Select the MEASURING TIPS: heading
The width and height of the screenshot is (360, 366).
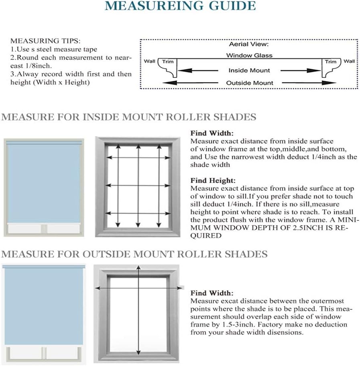pyautogui.click(x=45, y=41)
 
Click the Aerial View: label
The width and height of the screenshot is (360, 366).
pyautogui.click(x=249, y=45)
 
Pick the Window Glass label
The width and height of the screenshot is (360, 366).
pyautogui.click(x=249, y=55)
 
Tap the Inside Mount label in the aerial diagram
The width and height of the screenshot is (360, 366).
pyautogui.click(x=249, y=70)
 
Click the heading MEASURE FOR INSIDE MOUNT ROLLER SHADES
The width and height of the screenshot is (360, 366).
pyautogui.click(x=129, y=117)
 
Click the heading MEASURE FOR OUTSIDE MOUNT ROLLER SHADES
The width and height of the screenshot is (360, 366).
pyautogui.click(x=134, y=254)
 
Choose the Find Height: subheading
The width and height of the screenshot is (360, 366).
pyautogui.click(x=213, y=181)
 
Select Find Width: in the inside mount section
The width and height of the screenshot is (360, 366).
pyautogui.click(x=212, y=133)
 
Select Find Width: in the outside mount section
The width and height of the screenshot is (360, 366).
pyautogui.click(x=212, y=293)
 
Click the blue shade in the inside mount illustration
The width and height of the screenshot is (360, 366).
pyautogui.click(x=43, y=181)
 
